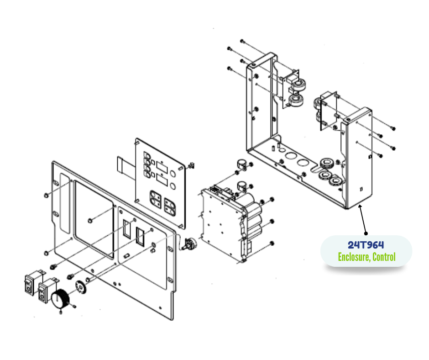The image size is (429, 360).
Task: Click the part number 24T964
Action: (x=366, y=245)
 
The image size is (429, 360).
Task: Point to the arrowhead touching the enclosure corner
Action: (x=360, y=207)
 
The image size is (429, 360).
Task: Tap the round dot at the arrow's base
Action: (x=366, y=233)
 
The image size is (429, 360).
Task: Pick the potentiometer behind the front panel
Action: (x=189, y=244)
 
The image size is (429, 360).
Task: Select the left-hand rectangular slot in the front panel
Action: (x=127, y=229)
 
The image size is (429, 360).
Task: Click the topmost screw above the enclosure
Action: (x=242, y=42)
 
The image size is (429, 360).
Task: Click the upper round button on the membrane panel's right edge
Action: (x=173, y=174)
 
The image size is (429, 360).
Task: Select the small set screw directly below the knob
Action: (x=61, y=312)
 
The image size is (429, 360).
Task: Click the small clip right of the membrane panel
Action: (x=192, y=165)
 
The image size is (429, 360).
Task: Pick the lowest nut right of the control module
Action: (x=272, y=244)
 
